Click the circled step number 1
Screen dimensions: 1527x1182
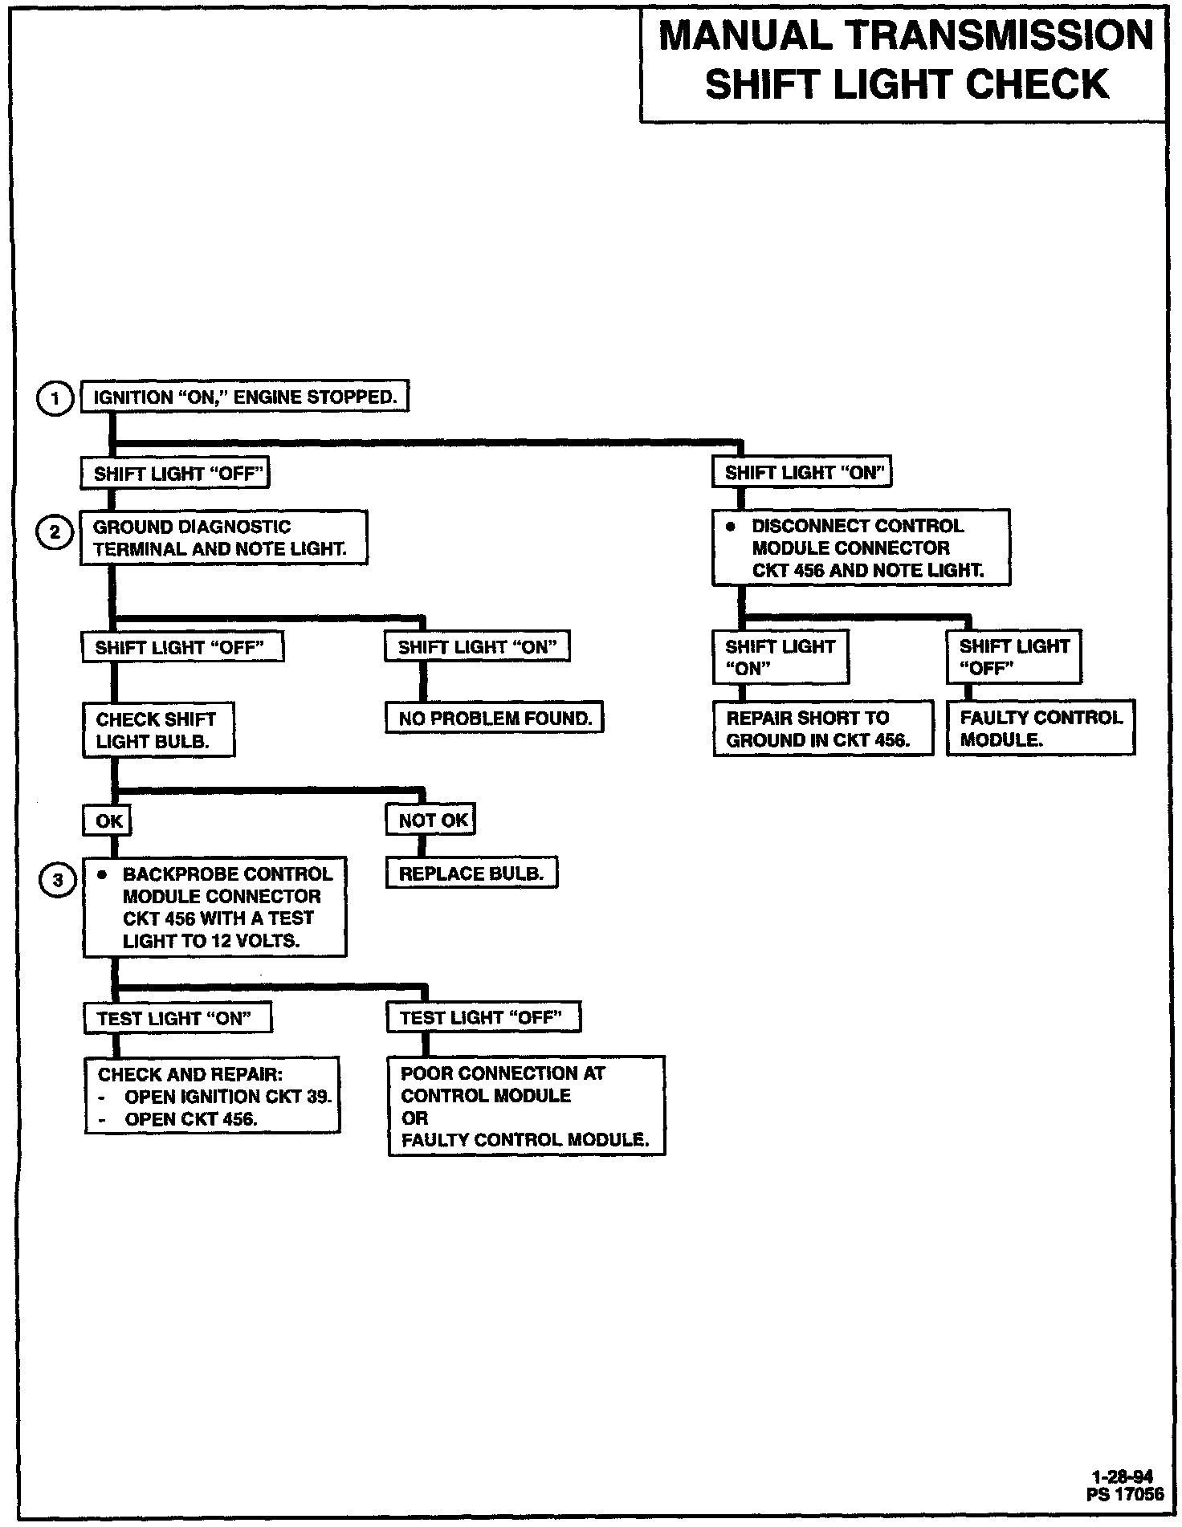tap(55, 398)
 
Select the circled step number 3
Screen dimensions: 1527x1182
tap(57, 881)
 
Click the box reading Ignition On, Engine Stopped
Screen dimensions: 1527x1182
tap(245, 397)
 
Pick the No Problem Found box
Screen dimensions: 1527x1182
tap(495, 719)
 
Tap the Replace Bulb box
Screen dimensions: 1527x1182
tap(471, 873)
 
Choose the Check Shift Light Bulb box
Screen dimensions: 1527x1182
tap(158, 730)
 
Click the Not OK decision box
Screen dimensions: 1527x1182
tap(432, 820)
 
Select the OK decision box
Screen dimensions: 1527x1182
tap(108, 821)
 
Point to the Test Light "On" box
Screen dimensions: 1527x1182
tap(177, 1019)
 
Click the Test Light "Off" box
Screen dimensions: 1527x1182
tap(483, 1018)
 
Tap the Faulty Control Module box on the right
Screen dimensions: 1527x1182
tap(1041, 728)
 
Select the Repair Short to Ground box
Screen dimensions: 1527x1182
tap(823, 728)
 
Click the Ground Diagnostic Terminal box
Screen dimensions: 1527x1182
tap(223, 538)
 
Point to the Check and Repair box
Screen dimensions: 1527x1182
tap(212, 1096)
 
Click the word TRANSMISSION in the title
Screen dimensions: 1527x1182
tap(1000, 36)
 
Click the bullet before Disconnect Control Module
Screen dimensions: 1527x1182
tap(730, 527)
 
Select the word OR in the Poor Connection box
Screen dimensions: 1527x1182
tap(415, 1118)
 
